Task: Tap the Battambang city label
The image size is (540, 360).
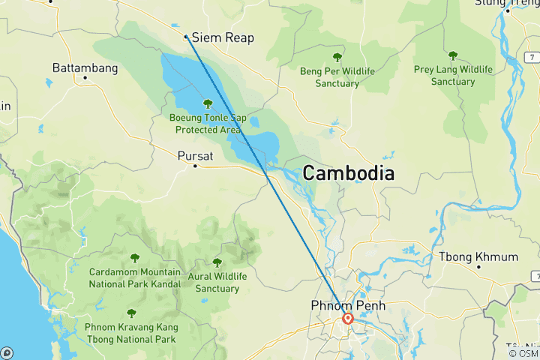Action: pyautogui.click(x=85, y=68)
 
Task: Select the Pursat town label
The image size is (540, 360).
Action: pyautogui.click(x=195, y=156)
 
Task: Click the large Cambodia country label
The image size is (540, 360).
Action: pyautogui.click(x=348, y=173)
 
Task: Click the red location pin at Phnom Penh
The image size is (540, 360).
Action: pyautogui.click(x=348, y=318)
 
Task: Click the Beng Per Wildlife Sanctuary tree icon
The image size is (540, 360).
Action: pyautogui.click(x=337, y=57)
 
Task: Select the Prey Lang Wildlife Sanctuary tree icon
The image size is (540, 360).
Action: pyautogui.click(x=452, y=55)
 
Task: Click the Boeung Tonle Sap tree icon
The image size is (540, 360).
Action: pyautogui.click(x=208, y=103)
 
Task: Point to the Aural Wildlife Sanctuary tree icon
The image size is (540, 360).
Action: pyautogui.click(x=217, y=262)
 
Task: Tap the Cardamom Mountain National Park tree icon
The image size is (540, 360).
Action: pyautogui.click(x=134, y=258)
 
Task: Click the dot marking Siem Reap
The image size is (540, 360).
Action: pyautogui.click(x=186, y=35)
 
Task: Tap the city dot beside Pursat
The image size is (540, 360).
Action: pyautogui.click(x=195, y=166)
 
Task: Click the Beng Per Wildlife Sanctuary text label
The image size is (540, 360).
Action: pyautogui.click(x=337, y=77)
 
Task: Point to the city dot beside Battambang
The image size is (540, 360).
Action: pyautogui.click(x=85, y=77)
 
